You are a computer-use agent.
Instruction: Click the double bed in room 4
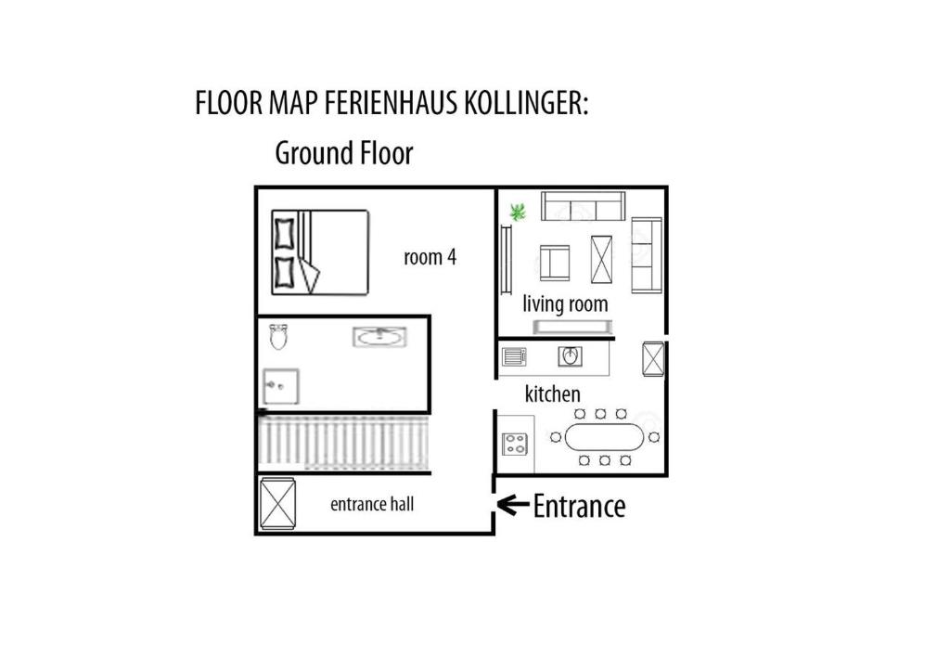tap(320, 252)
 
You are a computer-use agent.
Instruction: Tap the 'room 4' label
tap(430, 257)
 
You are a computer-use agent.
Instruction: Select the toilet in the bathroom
tap(278, 336)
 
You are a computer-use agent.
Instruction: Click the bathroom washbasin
tap(379, 337)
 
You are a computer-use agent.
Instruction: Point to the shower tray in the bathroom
tap(281, 386)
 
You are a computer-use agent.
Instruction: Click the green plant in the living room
tap(518, 212)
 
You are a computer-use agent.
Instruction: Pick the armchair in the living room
tap(555, 263)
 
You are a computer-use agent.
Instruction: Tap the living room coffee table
tap(601, 259)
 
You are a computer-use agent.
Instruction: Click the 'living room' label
tap(565, 304)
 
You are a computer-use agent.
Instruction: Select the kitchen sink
tap(571, 356)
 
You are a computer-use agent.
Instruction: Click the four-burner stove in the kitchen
tap(515, 445)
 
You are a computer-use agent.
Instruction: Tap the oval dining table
tap(605, 437)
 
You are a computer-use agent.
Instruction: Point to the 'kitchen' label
tap(553, 394)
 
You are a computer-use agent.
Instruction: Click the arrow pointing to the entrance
tap(513, 504)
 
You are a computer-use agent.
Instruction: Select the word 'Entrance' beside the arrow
tap(579, 506)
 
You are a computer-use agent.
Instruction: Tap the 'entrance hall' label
tap(372, 504)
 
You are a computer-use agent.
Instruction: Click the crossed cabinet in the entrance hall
tap(278, 504)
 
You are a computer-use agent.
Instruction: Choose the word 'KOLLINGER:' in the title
tap(527, 102)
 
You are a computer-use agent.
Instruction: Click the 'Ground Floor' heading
tap(344, 153)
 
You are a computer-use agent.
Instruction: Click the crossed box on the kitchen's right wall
tap(654, 358)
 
